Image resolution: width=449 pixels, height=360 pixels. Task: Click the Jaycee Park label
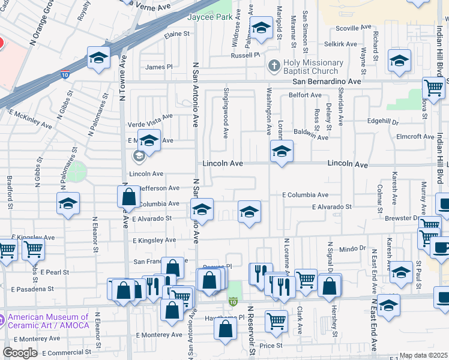(209, 18)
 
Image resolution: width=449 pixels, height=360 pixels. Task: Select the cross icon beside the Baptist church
(274, 64)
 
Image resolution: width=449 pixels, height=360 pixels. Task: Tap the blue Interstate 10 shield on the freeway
(64, 75)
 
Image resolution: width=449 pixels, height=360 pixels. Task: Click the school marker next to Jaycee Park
(261, 28)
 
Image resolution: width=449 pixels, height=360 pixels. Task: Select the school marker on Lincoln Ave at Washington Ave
(281, 152)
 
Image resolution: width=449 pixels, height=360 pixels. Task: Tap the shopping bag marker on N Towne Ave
(129, 197)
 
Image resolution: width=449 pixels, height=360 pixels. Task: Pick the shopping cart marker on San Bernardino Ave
(433, 88)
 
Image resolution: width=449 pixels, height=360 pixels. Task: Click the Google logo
(20, 352)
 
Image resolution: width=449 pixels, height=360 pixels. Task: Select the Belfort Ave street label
(306, 95)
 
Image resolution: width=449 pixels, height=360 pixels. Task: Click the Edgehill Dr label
(382, 122)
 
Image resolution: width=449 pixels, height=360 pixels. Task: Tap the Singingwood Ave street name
(226, 112)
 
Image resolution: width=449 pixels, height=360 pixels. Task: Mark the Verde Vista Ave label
(150, 123)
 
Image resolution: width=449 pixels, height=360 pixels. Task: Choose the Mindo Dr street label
(353, 248)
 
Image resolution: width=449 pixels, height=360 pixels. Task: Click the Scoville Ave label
(355, 28)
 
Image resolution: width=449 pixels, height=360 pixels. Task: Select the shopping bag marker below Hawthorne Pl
(225, 329)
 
